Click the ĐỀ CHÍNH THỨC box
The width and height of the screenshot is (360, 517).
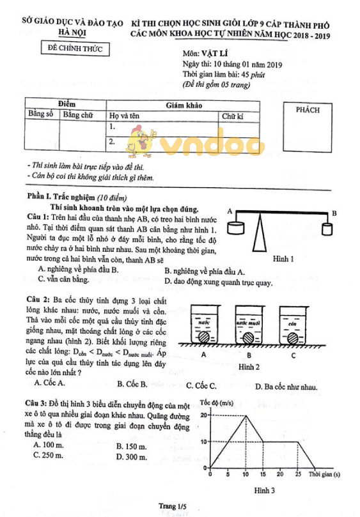(75, 49)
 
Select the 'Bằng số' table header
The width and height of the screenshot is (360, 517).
(41, 114)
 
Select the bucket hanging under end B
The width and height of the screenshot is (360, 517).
(327, 229)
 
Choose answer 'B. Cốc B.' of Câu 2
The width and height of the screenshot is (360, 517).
(132, 383)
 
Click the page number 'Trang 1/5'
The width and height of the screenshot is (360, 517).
(180, 505)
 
